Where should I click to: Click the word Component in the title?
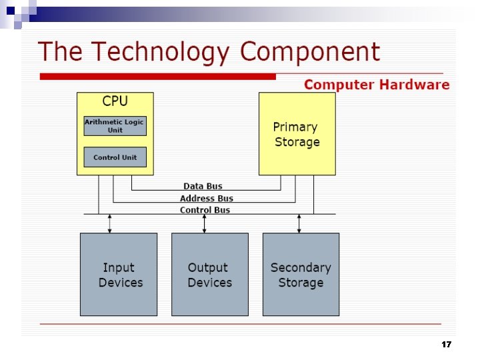[x=310, y=52]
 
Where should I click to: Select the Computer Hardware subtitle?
[x=377, y=85]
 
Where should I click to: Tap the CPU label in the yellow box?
[x=115, y=101]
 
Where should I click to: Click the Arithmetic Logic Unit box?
[x=115, y=125]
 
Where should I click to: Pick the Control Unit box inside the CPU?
[x=115, y=157]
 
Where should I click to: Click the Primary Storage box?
[x=297, y=134]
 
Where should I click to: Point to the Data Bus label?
[x=203, y=186]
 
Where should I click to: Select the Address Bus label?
[x=207, y=198]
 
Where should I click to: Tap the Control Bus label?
[x=205, y=210]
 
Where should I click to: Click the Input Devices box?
[x=119, y=274]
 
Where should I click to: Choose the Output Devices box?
[x=210, y=274]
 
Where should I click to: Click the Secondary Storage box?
[x=301, y=274]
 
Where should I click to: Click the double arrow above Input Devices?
[x=110, y=223]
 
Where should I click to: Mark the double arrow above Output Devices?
[x=205, y=223]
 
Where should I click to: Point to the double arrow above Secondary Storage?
[x=299, y=223]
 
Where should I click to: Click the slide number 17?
[x=446, y=345]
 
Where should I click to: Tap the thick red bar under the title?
[x=157, y=77]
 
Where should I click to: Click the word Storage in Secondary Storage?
[x=301, y=283]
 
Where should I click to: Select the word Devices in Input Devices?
[x=121, y=283]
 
